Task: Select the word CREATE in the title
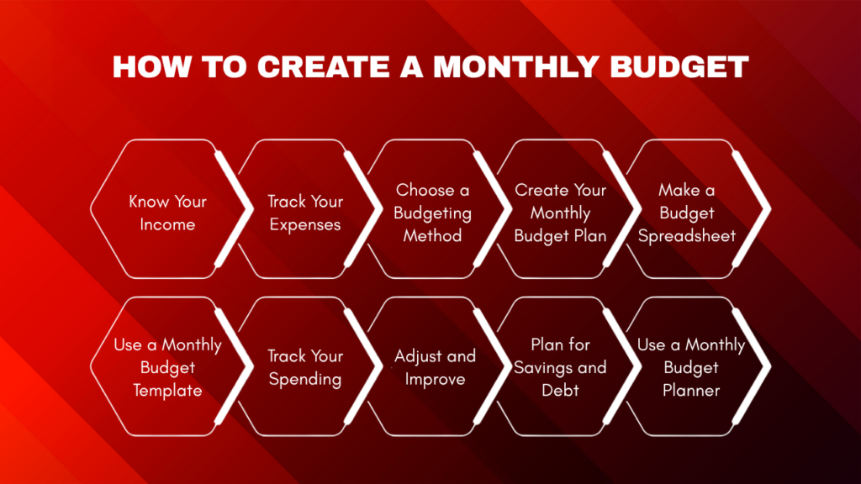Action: pos(320,66)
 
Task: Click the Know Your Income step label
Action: pos(167,213)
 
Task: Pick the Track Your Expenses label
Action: pos(304,213)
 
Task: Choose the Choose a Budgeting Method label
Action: pos(432,213)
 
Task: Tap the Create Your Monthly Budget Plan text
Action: pos(560,213)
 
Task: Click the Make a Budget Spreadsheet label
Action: pos(686,213)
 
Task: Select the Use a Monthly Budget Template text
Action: pos(167,367)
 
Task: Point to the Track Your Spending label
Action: pos(304,367)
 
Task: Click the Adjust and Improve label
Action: pos(435,367)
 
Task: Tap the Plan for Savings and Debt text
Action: pos(560,367)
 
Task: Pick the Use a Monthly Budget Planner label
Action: pos(690,367)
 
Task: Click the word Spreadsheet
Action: pos(686,236)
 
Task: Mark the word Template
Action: pos(167,390)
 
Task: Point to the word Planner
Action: pos(690,390)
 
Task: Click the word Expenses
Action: pos(304,224)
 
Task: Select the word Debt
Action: pos(560,390)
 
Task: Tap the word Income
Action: pos(167,224)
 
